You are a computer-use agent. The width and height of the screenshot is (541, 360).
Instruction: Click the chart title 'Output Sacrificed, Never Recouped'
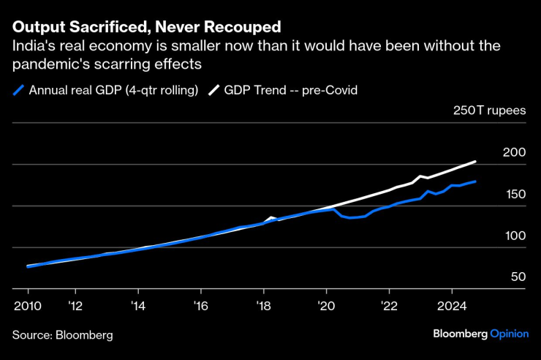tap(146, 28)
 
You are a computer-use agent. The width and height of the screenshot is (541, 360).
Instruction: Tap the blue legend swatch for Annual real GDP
tap(18, 91)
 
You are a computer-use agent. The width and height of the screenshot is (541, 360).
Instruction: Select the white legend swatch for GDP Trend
tap(213, 91)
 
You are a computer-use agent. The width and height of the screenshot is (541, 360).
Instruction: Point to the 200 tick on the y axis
tap(515, 153)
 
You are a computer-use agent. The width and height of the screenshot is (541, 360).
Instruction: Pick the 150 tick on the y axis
tap(515, 194)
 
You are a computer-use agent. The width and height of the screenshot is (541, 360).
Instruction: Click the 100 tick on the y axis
tap(515, 236)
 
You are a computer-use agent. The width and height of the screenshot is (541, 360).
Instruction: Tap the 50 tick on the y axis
tap(518, 277)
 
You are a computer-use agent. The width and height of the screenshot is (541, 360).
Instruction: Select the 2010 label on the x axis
tap(28, 306)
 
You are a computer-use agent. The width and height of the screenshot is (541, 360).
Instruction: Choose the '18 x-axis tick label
tap(262, 306)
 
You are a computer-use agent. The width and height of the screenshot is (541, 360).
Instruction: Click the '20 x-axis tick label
tap(325, 306)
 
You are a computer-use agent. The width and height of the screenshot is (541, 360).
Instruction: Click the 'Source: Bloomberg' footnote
tap(62, 335)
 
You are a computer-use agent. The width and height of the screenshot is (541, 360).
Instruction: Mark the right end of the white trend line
tap(476, 162)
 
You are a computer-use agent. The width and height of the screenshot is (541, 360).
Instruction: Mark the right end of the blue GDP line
tap(476, 181)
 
